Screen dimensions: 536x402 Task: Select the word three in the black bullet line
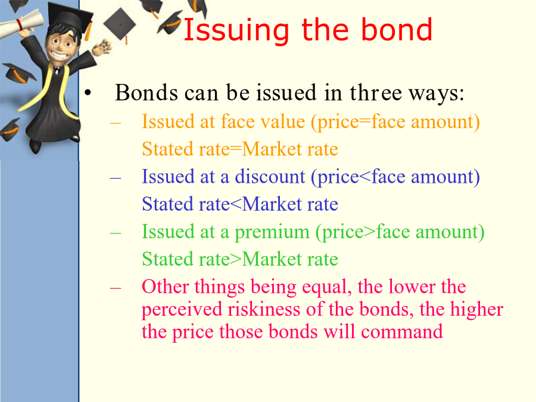tap(376, 92)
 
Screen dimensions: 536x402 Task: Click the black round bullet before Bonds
tap(88, 92)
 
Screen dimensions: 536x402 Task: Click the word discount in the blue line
tap(270, 176)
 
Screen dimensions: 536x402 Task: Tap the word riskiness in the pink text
tap(264, 309)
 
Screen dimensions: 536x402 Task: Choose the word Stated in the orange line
tap(167, 149)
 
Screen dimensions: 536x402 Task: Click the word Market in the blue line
tap(272, 204)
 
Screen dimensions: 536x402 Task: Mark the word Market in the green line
tap(272, 259)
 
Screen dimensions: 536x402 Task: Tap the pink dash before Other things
tap(116, 288)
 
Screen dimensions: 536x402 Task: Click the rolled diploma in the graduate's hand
tap(20, 23)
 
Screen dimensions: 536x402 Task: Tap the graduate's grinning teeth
tap(58, 54)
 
